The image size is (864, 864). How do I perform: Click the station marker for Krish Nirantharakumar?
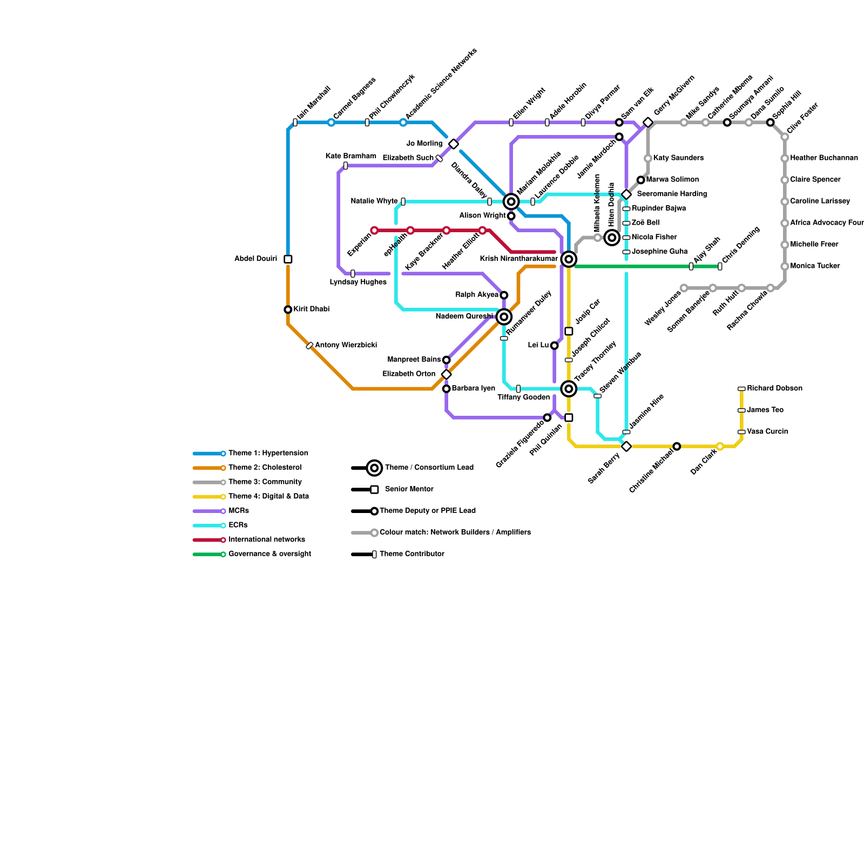click(x=569, y=259)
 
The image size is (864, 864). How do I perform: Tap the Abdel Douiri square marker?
click(x=288, y=259)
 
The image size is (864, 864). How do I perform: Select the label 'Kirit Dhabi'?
click(x=311, y=309)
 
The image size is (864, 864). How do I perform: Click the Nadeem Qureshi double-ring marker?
click(x=504, y=316)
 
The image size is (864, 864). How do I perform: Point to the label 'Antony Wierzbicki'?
click(x=346, y=345)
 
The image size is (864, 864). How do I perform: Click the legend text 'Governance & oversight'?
click(x=269, y=554)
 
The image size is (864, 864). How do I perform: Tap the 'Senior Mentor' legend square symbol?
click(x=374, y=489)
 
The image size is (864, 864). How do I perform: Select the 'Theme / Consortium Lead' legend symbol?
click(x=374, y=468)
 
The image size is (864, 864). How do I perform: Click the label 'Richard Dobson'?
click(x=774, y=388)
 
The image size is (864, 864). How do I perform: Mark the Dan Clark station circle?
click(x=720, y=446)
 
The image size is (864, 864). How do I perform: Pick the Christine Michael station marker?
click(x=677, y=446)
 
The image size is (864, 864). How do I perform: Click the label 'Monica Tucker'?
click(x=815, y=266)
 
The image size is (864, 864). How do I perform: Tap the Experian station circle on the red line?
click(x=374, y=231)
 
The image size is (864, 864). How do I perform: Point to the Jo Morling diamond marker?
click(x=454, y=144)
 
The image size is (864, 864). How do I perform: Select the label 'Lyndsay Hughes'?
click(x=358, y=282)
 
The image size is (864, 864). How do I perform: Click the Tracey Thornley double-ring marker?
click(x=569, y=388)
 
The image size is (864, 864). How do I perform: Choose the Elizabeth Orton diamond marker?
click(x=446, y=374)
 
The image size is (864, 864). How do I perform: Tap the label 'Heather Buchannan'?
click(x=823, y=158)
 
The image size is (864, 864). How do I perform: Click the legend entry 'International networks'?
click(x=267, y=539)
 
